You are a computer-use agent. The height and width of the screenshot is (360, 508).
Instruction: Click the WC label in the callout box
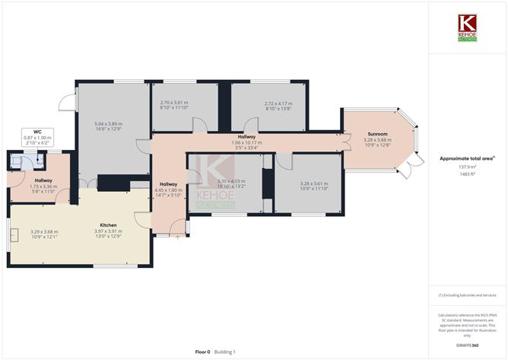[32, 132]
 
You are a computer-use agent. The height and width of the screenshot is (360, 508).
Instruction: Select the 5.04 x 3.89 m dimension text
[109, 124]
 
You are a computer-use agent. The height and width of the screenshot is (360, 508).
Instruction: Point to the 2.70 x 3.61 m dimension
[173, 103]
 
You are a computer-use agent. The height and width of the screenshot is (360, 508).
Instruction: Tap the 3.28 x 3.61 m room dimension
[294, 183]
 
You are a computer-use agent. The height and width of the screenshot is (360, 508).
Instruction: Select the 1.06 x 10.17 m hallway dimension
[246, 142]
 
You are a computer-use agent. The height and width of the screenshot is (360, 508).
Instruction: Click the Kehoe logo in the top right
[468, 26]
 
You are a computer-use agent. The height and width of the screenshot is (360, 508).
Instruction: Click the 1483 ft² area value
[466, 174]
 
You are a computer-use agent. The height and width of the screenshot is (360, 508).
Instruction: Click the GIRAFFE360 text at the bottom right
[465, 345]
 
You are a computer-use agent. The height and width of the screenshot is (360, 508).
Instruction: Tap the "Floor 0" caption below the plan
[203, 352]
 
